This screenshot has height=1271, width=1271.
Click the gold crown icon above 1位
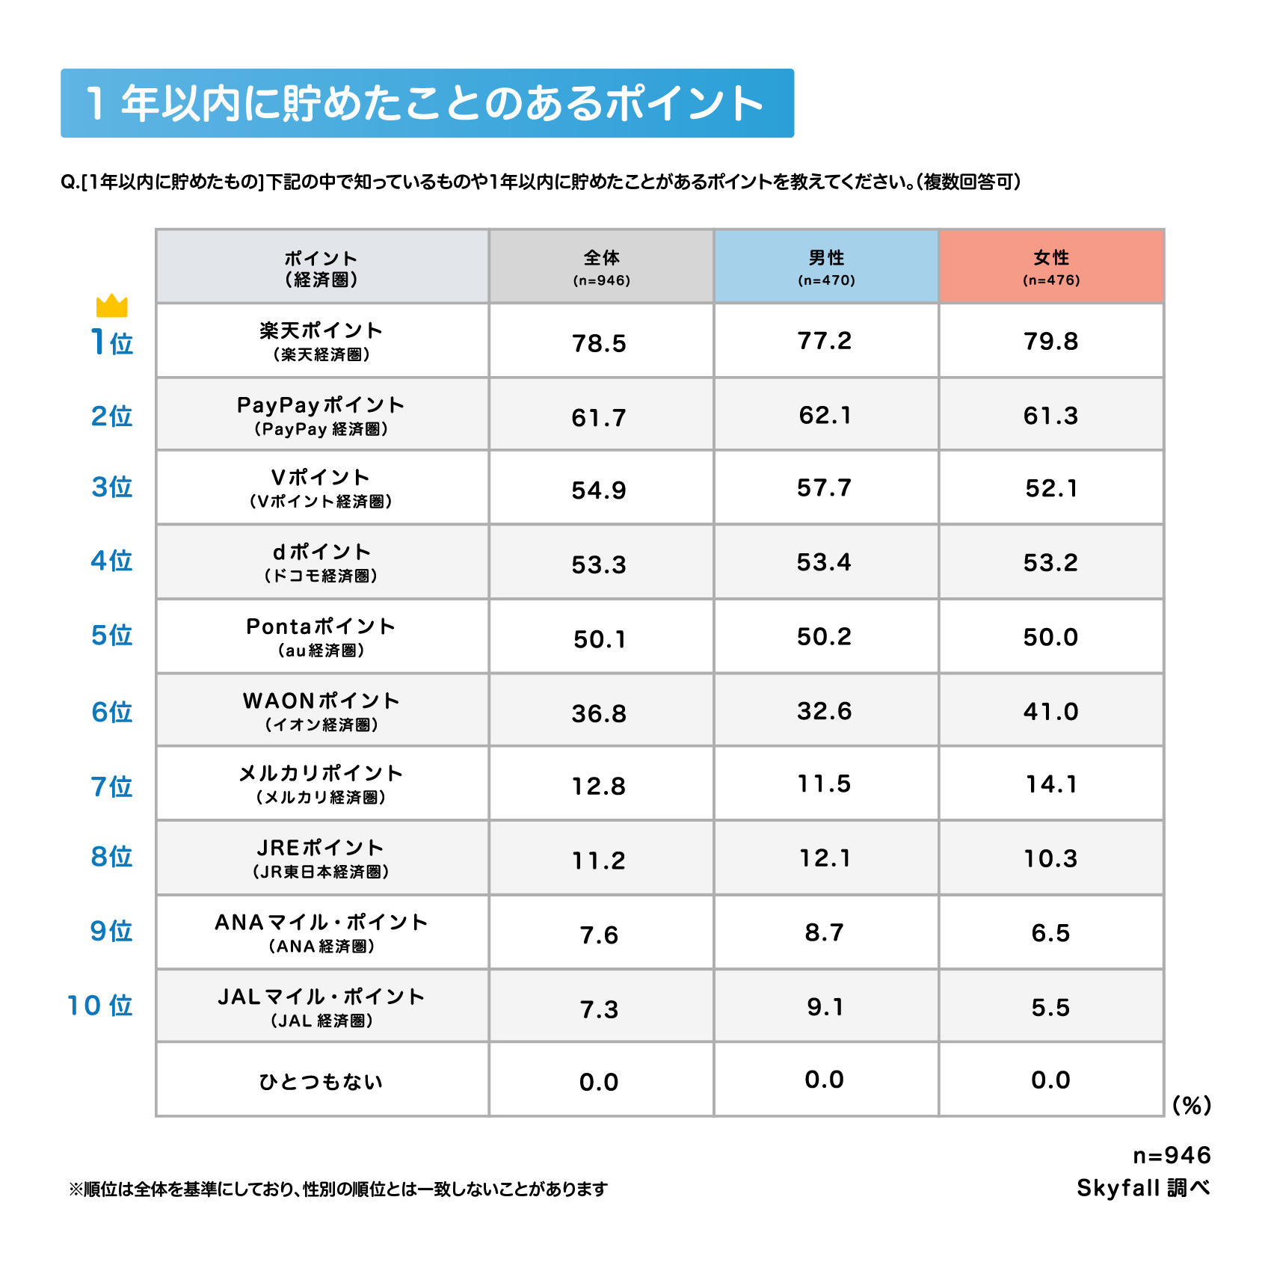click(x=112, y=306)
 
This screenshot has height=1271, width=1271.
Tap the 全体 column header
click(x=601, y=266)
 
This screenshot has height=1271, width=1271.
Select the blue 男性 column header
click(x=826, y=266)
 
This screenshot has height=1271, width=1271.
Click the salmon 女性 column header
click(x=1051, y=266)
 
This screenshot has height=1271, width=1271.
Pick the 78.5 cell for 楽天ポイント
click(x=599, y=343)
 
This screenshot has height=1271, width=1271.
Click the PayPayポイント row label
click(x=321, y=415)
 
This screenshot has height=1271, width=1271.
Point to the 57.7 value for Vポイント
click(x=824, y=488)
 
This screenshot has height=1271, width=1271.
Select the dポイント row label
click(x=321, y=561)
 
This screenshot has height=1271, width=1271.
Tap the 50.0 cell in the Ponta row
click(x=1050, y=637)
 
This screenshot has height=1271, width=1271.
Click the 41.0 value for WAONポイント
click(x=1050, y=711)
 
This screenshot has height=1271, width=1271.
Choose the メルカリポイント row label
click(x=321, y=783)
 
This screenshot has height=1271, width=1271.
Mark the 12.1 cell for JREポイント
click(x=825, y=858)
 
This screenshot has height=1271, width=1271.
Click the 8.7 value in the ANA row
click(x=824, y=932)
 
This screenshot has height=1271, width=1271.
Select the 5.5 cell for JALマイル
click(x=1050, y=1007)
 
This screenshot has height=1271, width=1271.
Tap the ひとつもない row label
click(x=321, y=1081)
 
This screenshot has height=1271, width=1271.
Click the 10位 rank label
click(x=100, y=1006)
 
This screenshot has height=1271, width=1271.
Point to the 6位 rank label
click(x=112, y=712)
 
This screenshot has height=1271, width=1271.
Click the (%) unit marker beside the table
click(x=1192, y=1105)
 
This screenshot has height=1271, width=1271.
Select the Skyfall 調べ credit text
click(x=1143, y=1187)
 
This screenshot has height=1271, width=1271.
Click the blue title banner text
click(x=426, y=103)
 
